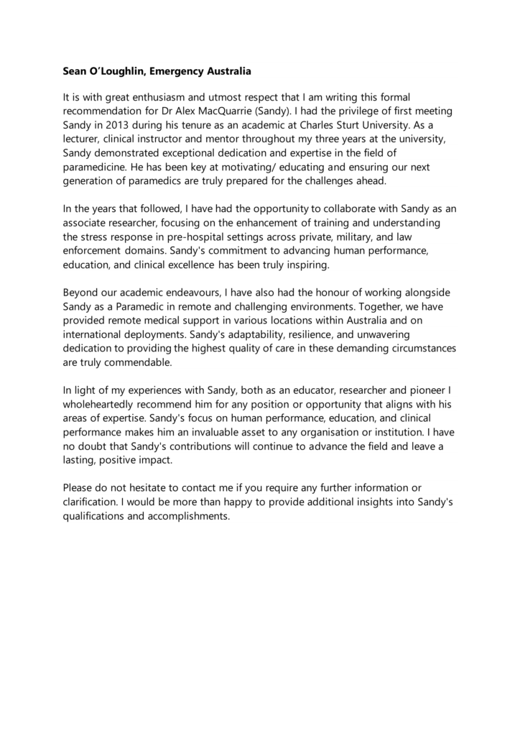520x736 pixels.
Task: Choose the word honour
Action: click(x=338, y=293)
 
